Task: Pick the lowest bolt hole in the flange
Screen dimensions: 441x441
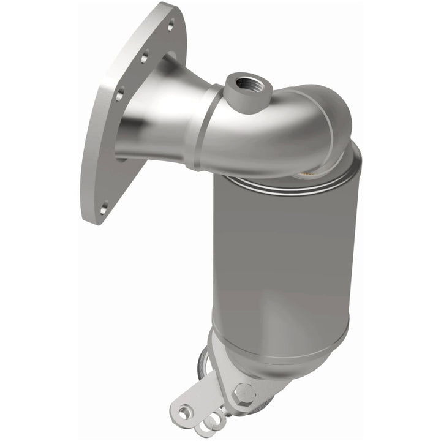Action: click(104, 208)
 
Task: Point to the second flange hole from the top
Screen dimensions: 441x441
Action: click(145, 58)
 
